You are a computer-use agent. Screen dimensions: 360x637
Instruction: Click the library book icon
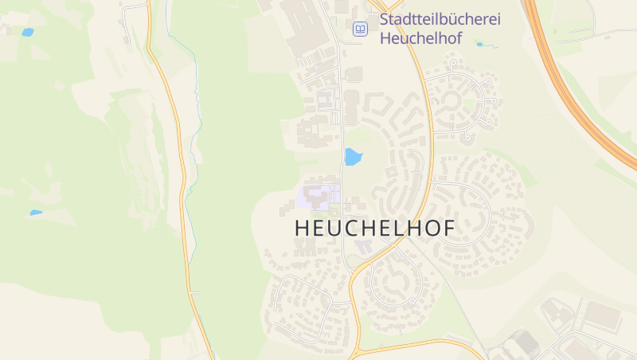(x=361, y=29)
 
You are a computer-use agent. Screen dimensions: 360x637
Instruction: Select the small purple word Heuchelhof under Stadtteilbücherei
(x=421, y=37)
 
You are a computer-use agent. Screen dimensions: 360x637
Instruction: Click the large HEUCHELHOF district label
(x=375, y=228)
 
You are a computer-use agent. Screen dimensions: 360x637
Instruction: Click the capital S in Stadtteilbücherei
(x=385, y=18)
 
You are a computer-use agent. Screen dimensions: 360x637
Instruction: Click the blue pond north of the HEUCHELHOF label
(x=352, y=157)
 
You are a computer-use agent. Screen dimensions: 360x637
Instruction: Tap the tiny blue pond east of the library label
(x=479, y=44)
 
